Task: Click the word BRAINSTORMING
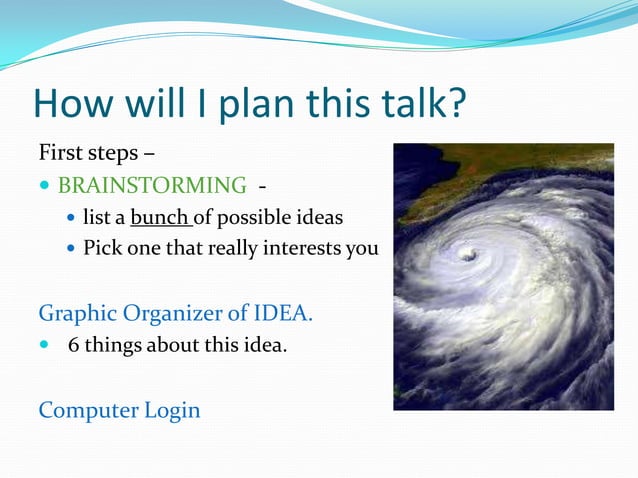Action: pyautogui.click(x=152, y=185)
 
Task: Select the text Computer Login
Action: pyautogui.click(x=119, y=410)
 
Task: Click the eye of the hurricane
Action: pyautogui.click(x=467, y=255)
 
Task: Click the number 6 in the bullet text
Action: pyautogui.click(x=73, y=346)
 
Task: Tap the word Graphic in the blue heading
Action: pyautogui.click(x=76, y=313)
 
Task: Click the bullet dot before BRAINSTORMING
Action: pyautogui.click(x=45, y=186)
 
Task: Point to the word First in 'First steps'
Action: pyautogui.click(x=60, y=154)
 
